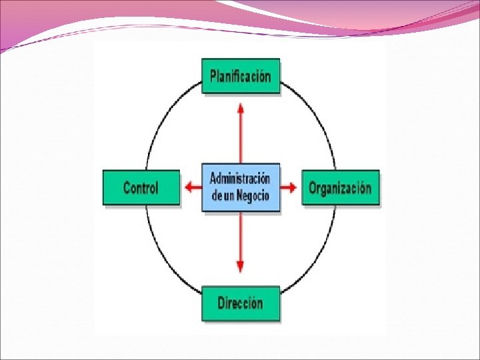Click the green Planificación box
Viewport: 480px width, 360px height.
[241, 76]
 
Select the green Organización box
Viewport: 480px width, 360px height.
[340, 187]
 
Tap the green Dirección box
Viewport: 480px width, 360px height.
[241, 303]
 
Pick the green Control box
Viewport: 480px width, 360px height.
[141, 187]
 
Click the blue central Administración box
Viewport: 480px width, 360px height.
[241, 187]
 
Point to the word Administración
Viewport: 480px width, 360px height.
[241, 179]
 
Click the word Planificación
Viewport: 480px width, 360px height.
[241, 76]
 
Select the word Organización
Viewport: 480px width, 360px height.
[340, 187]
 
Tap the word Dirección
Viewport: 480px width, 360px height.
[241, 303]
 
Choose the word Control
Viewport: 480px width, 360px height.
[141, 187]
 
